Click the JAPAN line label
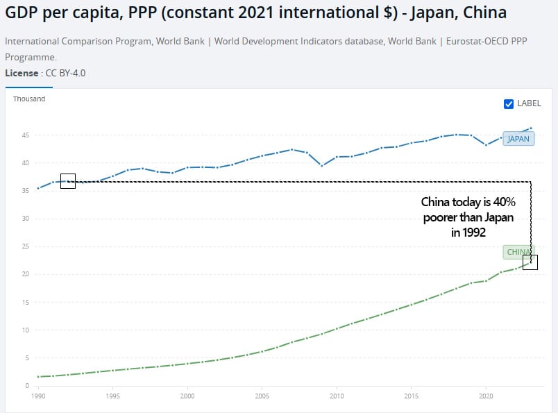[x=518, y=139]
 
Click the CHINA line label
[x=518, y=252]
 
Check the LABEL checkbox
[x=509, y=103]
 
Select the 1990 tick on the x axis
[x=38, y=396]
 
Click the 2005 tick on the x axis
[x=262, y=396]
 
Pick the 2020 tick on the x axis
[x=486, y=396]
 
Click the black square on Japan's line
[x=68, y=181]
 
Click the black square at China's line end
[x=530, y=262]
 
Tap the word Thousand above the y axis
[x=29, y=99]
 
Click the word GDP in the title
[x=23, y=12]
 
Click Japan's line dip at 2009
[x=321, y=165]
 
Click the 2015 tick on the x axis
[x=411, y=396]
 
